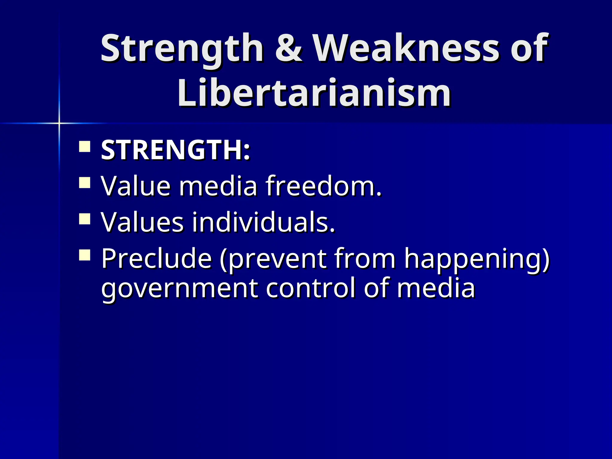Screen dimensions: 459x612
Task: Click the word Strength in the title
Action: tap(182, 48)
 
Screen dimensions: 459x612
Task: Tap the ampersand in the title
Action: tap(288, 48)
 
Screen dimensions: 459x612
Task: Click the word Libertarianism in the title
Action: tap(314, 93)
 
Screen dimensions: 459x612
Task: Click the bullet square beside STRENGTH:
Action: tap(85, 147)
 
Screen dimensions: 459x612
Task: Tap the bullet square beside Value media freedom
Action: tap(85, 183)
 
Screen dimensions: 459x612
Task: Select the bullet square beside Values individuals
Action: tap(85, 219)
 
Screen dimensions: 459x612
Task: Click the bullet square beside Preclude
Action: tap(85, 255)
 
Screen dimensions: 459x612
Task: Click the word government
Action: tap(180, 289)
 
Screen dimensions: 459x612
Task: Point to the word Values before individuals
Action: tap(142, 222)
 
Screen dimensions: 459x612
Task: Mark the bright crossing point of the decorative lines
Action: tap(59, 123)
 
